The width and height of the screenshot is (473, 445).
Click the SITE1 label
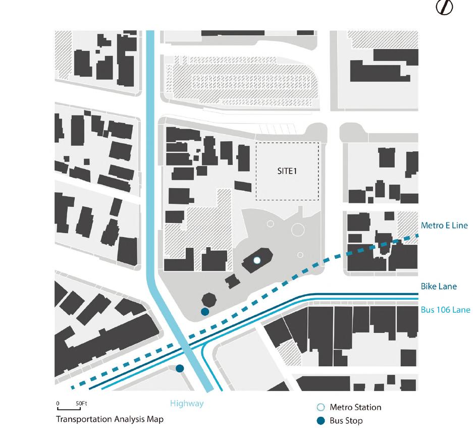287,171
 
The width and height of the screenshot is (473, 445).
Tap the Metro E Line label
444,226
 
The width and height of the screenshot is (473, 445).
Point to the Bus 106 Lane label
445,309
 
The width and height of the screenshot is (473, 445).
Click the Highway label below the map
187,403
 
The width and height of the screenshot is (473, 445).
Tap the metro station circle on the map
256,260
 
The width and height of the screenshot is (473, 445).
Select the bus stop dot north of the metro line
204,312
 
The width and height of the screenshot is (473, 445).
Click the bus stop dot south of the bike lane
180,369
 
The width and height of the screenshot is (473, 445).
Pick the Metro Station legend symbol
320,407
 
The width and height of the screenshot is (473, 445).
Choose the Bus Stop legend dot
320,421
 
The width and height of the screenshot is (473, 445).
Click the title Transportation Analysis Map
110,419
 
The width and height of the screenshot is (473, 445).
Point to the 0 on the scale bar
58,404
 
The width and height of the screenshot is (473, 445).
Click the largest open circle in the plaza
298,230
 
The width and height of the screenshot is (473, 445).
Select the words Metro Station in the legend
355,407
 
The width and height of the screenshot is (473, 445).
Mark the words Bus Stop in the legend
346,421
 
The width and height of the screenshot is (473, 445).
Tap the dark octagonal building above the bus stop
208,299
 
